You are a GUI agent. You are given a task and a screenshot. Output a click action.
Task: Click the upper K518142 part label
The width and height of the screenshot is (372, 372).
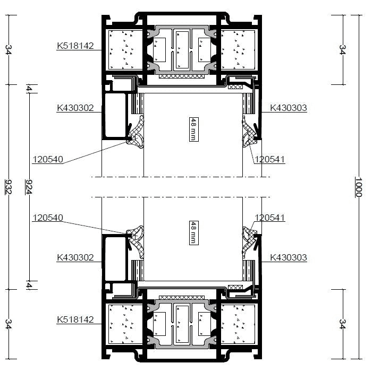[x=75, y=46]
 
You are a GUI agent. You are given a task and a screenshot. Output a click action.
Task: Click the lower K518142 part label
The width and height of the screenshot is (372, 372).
[x=75, y=319]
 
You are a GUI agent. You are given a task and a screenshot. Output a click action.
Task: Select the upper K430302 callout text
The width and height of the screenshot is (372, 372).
[x=75, y=108]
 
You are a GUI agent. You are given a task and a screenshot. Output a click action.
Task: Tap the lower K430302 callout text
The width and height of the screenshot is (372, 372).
[x=75, y=257]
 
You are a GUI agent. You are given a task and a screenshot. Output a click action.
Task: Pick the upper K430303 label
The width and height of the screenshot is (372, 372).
[x=289, y=108]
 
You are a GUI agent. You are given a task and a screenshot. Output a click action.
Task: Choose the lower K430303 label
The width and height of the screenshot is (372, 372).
[x=289, y=257]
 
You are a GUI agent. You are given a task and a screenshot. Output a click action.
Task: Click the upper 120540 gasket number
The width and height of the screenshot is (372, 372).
[x=48, y=159]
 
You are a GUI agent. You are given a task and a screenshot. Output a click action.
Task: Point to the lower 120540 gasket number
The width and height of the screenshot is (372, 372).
[x=48, y=218]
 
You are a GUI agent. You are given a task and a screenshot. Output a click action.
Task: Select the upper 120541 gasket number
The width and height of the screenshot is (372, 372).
[x=269, y=159]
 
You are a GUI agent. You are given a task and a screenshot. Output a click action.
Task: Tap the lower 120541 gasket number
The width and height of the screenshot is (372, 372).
[x=269, y=218]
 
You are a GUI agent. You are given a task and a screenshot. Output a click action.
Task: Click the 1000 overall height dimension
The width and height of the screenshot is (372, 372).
[x=359, y=187]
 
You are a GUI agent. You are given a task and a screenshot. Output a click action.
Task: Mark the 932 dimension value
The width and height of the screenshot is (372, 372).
[x=9, y=187]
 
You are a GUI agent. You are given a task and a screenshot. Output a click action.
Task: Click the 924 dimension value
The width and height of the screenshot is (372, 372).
[x=29, y=187]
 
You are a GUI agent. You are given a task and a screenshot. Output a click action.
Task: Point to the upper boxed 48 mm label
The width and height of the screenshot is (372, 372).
[x=194, y=129]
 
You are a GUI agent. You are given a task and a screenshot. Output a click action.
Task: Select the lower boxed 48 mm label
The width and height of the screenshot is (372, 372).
[x=194, y=233]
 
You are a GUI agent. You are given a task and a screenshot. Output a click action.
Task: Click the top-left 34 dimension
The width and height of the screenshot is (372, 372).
[x=9, y=50]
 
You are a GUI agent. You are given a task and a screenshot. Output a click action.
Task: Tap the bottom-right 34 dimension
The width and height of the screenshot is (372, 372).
[x=342, y=324]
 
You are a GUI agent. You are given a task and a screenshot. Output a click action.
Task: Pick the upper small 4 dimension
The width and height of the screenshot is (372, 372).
[x=29, y=89]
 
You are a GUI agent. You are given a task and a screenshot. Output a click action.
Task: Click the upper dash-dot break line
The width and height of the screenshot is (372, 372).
[x=181, y=177]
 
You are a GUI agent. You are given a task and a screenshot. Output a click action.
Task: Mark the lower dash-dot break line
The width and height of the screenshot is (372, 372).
[x=181, y=197]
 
